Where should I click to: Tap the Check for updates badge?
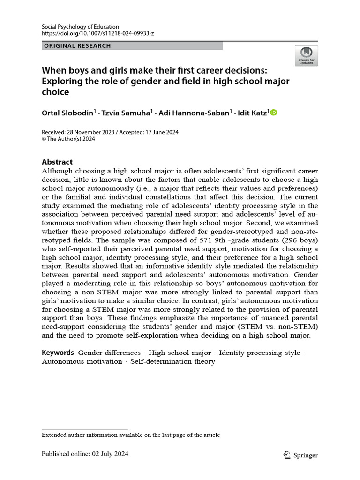point(306,56)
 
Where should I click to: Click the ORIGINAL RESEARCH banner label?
point(77,46)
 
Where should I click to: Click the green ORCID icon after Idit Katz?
point(274,112)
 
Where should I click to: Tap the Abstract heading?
point(57,162)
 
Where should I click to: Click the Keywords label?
point(58,352)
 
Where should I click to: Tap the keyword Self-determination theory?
point(172,361)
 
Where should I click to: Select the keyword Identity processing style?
point(259,352)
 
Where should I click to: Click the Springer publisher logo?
point(301,455)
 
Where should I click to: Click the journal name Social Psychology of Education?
point(80,27)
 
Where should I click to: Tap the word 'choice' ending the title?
point(55,92)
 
